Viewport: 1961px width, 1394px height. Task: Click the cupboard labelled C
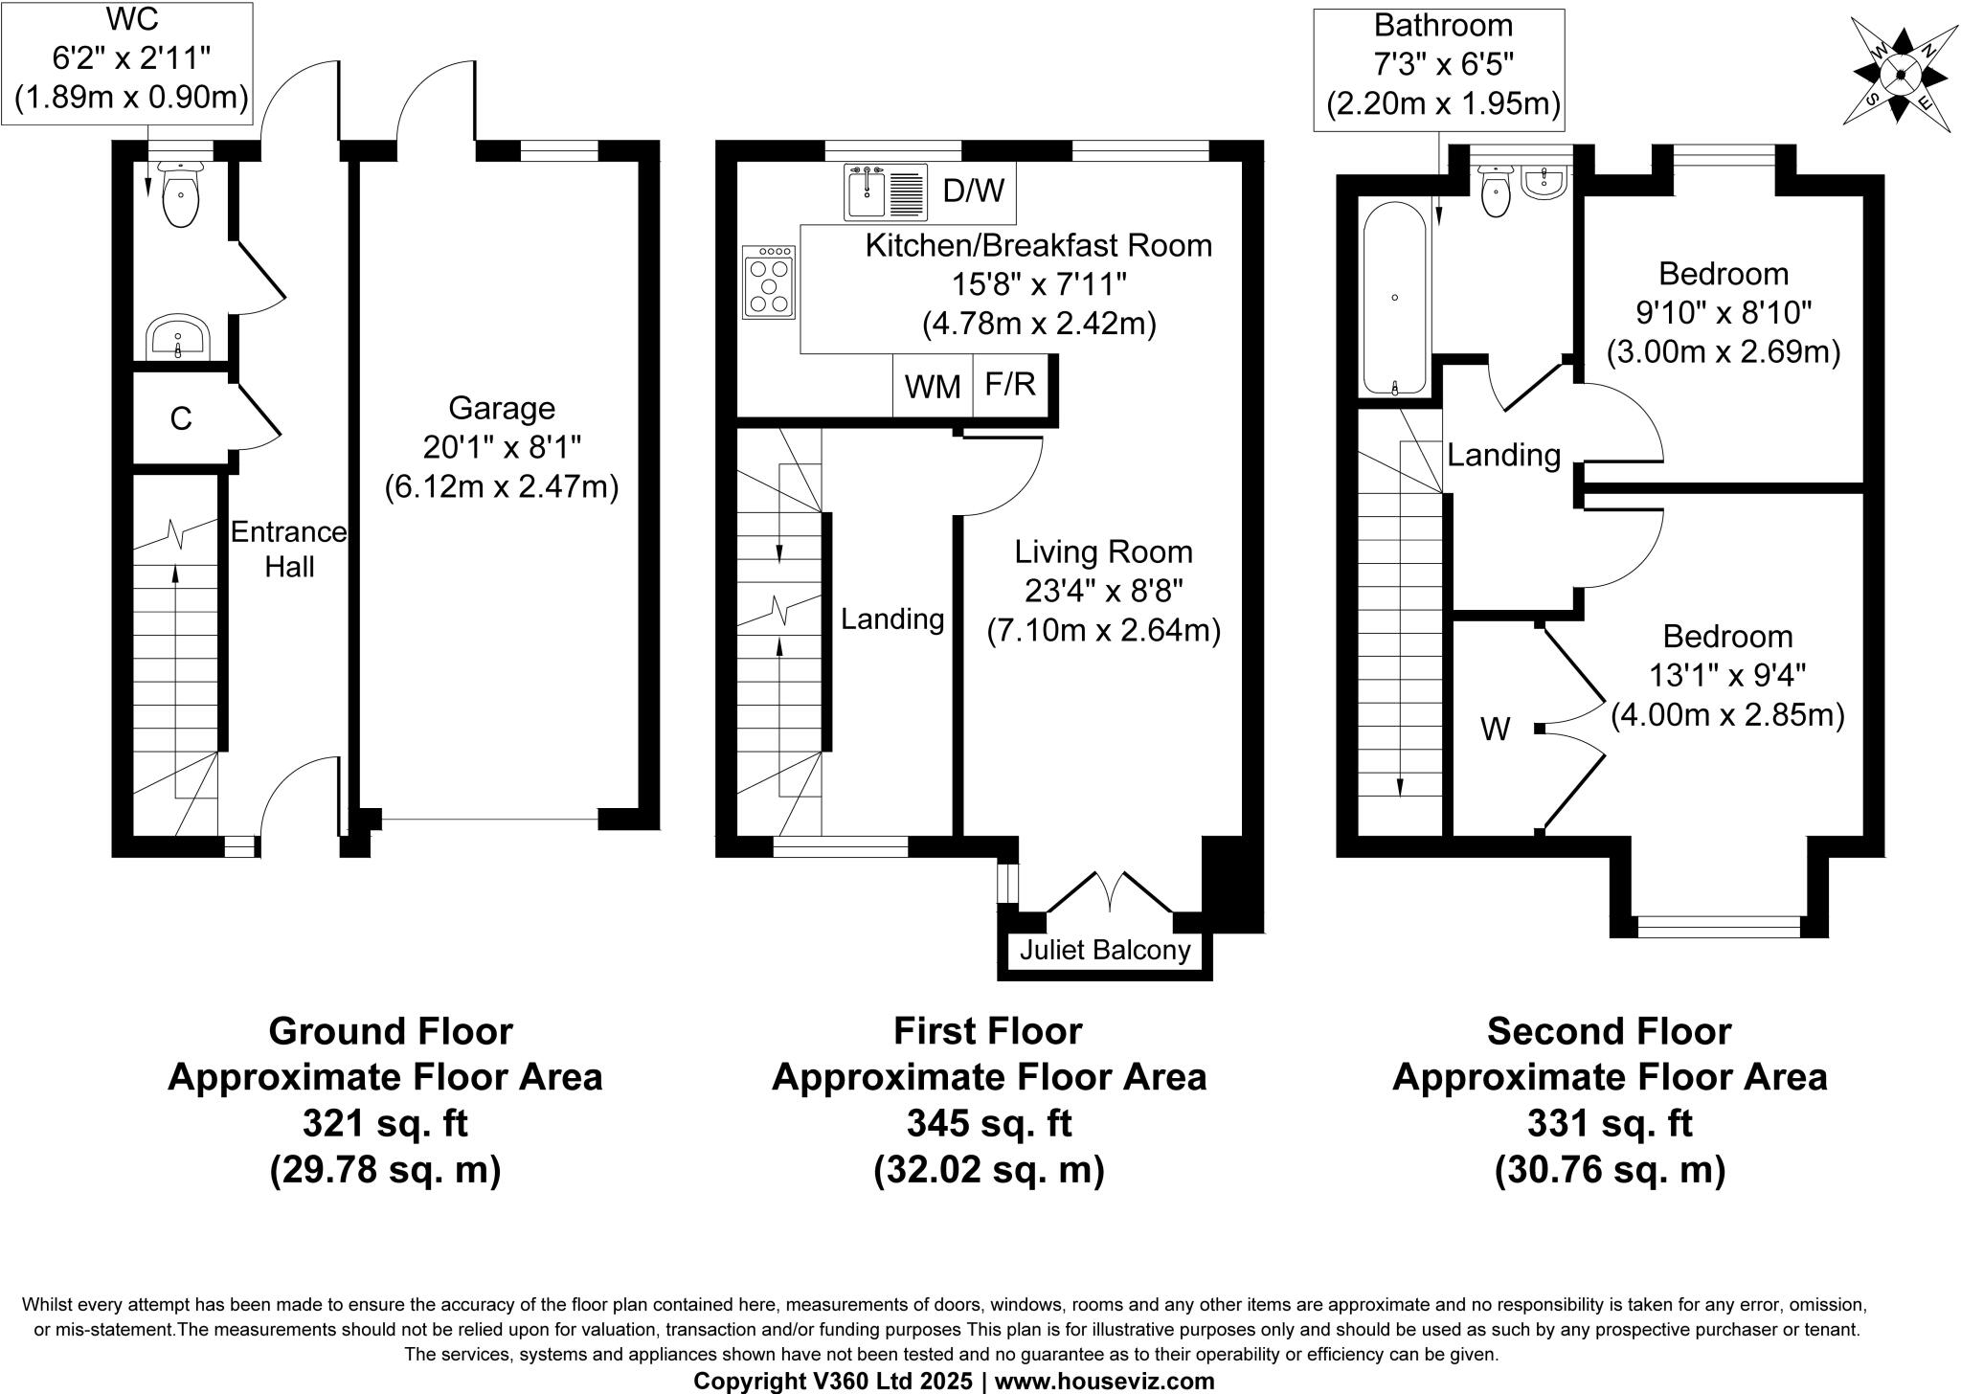[x=180, y=418]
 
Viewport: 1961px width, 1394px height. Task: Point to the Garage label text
[x=502, y=409]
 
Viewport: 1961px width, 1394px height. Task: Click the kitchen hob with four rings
[x=770, y=282]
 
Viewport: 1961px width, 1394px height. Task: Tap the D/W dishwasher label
[x=973, y=191]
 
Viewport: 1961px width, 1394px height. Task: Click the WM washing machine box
[x=933, y=387]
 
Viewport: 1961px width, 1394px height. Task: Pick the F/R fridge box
[x=1011, y=385]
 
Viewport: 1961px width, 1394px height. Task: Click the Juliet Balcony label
[x=1104, y=950]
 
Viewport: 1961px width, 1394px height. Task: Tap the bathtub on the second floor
[x=1394, y=299]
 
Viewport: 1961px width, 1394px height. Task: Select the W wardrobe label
[x=1495, y=731]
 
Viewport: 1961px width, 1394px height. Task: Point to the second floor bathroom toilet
[x=1495, y=191]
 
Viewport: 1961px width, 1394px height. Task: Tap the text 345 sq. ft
[x=988, y=1123]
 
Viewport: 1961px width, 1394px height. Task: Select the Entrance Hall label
[x=289, y=550]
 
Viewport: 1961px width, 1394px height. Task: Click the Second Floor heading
[x=1609, y=1031]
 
